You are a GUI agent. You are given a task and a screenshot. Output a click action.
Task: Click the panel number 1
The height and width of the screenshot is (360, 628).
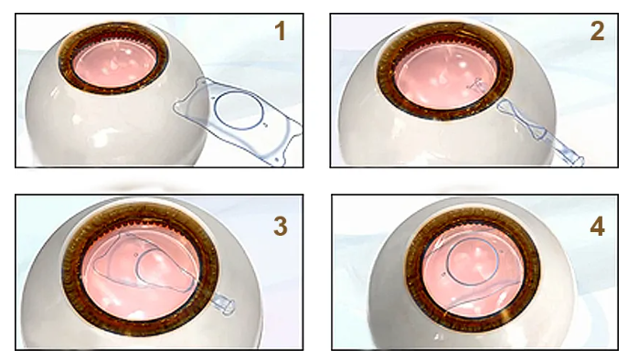(280, 31)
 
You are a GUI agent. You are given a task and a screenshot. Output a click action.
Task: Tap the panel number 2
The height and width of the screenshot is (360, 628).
(597, 31)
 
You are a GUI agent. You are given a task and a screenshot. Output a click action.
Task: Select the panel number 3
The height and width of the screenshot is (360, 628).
(281, 227)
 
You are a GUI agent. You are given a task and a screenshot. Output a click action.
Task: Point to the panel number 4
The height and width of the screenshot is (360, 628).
(597, 227)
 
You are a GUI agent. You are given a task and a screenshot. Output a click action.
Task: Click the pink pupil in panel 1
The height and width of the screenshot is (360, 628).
(113, 62)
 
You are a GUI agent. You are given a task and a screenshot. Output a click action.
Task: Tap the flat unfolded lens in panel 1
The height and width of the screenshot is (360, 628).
(238, 119)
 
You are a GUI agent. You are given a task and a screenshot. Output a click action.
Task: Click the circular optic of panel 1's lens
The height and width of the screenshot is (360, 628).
(239, 111)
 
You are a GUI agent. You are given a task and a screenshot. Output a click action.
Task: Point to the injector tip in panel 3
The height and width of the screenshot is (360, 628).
(223, 304)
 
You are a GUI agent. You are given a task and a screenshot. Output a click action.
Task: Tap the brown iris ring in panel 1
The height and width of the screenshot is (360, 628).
(113, 58)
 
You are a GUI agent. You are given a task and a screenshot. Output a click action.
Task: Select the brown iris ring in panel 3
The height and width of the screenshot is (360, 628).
(140, 270)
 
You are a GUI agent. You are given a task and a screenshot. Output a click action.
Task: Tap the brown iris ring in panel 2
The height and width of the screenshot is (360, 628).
(445, 70)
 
